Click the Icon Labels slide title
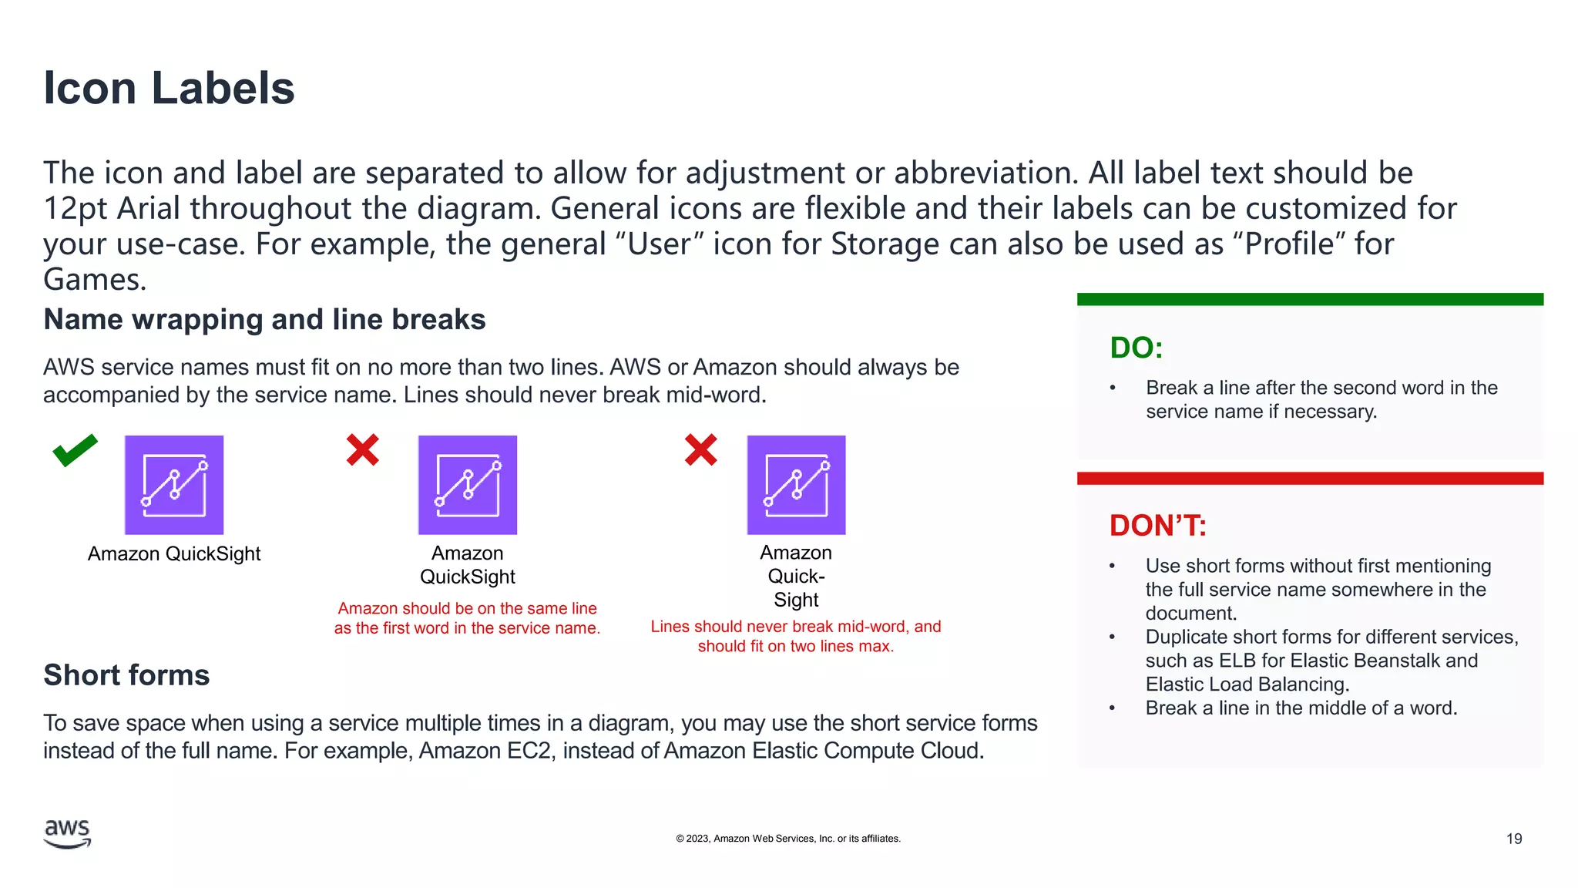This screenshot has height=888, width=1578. click(169, 88)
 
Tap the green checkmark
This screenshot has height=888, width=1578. click(75, 450)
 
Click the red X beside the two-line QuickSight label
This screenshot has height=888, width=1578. click(362, 450)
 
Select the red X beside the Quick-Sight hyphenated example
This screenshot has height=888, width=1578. click(700, 450)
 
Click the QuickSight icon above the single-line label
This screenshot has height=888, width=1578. click(174, 485)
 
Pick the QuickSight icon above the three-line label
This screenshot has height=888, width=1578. click(796, 485)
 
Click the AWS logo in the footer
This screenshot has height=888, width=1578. click(68, 834)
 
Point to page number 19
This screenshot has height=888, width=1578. click(1513, 839)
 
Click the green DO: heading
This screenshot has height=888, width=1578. click(1136, 348)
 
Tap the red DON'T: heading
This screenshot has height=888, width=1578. click(1157, 526)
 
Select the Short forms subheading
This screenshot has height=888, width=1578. click(126, 675)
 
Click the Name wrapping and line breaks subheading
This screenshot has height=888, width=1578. click(264, 320)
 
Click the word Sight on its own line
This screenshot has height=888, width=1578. click(796, 600)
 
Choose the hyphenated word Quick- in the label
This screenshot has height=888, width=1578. click(796, 577)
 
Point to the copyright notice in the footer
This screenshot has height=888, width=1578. click(788, 839)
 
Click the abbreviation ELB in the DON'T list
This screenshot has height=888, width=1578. click(1237, 661)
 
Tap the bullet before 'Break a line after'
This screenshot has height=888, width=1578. click(1113, 388)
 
